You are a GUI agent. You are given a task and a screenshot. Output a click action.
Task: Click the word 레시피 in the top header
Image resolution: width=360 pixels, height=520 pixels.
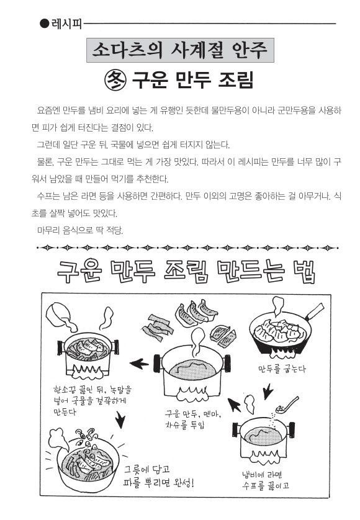pyautogui.click(x=66, y=24)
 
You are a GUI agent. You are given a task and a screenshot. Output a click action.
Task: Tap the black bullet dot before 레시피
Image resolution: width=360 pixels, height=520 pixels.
pyautogui.click(x=44, y=24)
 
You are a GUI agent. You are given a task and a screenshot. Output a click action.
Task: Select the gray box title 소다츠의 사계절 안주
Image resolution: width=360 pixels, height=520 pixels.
pyautogui.click(x=180, y=50)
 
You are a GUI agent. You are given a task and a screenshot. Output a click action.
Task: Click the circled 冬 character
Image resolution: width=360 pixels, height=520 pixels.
pyautogui.click(x=115, y=80)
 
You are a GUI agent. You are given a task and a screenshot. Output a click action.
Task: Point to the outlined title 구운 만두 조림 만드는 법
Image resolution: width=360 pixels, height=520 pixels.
pyautogui.click(x=186, y=272)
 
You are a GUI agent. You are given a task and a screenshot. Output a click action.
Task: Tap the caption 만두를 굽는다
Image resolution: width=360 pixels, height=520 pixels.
pyautogui.click(x=282, y=369)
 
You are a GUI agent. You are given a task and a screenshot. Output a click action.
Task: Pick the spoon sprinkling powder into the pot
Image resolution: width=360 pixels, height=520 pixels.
pyautogui.click(x=287, y=404)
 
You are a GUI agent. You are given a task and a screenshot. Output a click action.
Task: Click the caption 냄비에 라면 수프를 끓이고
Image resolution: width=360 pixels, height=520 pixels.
pyautogui.click(x=265, y=480)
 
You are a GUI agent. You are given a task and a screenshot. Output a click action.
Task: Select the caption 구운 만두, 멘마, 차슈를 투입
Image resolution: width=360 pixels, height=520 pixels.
pyautogui.click(x=193, y=419)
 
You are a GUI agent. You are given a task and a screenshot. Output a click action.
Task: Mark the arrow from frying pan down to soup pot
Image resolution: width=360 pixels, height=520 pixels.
pyautogui.click(x=268, y=392)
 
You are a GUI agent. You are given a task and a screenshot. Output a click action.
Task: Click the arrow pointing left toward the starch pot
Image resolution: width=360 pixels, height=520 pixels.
pyautogui.click(x=140, y=364)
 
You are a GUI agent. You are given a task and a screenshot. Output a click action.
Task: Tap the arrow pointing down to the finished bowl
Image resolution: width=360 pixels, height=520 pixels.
pyautogui.click(x=120, y=419)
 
